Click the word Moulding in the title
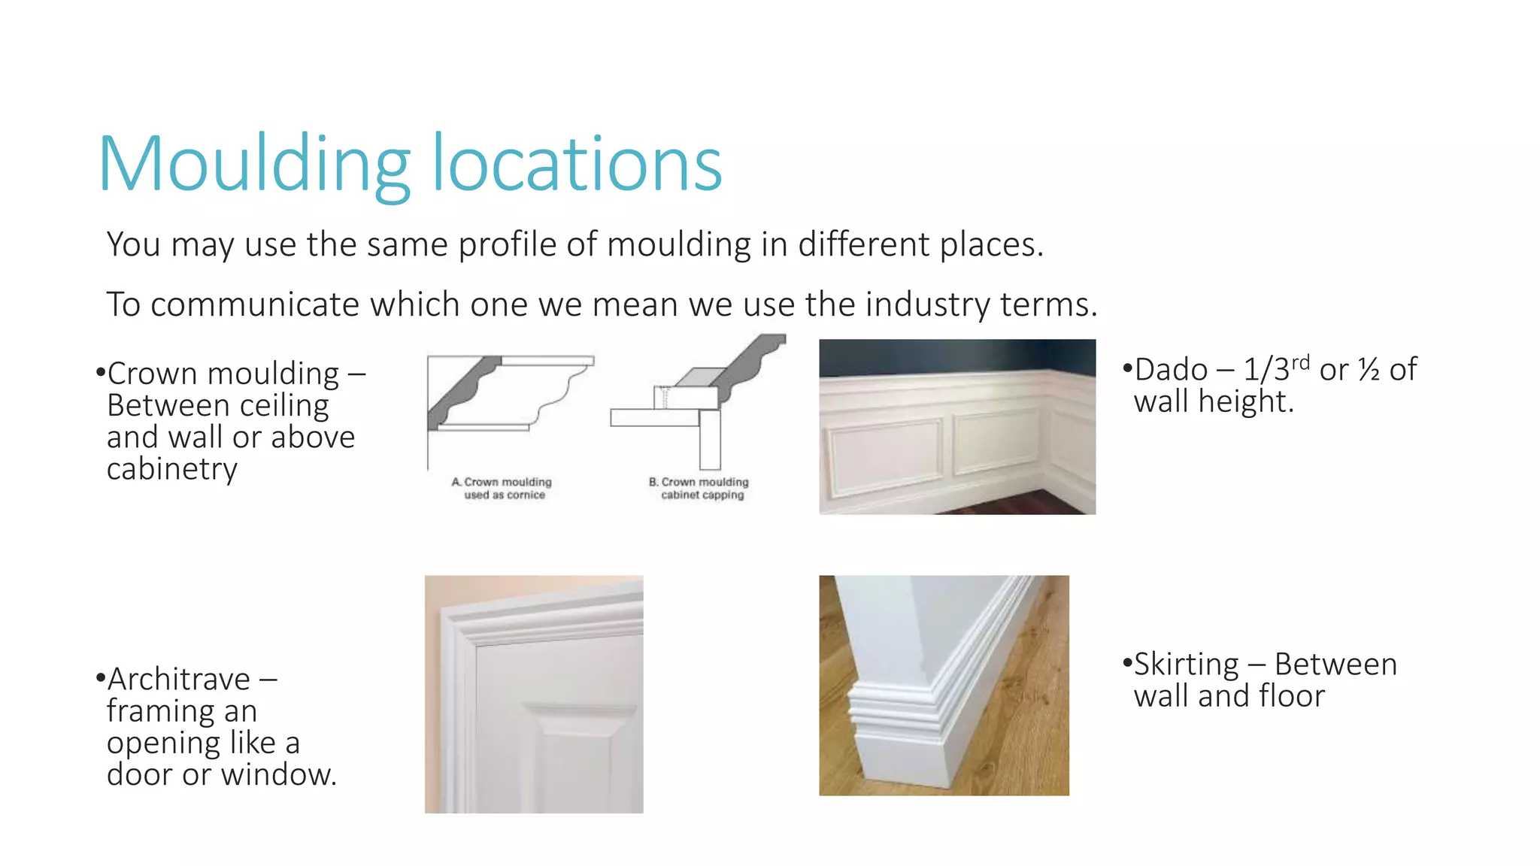(x=254, y=165)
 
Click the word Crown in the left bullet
(x=153, y=374)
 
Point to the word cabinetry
(x=172, y=469)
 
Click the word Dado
(x=1171, y=370)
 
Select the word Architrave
(x=179, y=680)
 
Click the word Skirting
(x=1186, y=665)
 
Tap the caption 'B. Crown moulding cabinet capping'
(x=700, y=489)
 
